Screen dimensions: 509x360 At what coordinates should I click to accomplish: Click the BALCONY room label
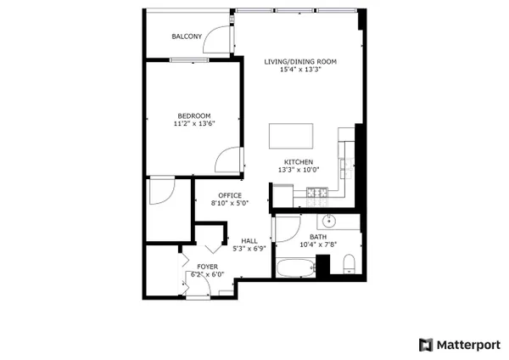coord(187,37)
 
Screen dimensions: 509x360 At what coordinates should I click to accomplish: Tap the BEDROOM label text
coord(194,115)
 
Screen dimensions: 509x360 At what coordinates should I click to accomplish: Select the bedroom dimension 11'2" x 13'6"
coord(194,123)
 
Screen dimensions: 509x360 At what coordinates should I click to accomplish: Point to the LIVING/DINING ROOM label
coord(300,61)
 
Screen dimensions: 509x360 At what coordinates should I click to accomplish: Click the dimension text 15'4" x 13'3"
coord(300,70)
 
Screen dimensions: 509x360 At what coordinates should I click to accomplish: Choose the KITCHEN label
coord(299,162)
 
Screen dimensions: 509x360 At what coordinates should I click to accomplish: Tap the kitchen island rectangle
coord(291,136)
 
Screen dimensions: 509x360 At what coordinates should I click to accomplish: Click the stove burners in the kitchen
coord(317,193)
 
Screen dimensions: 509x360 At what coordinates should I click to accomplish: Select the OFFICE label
coord(230,195)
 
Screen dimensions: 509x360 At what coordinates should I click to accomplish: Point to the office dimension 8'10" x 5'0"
coord(230,204)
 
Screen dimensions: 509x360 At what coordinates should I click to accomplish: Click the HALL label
coord(249,241)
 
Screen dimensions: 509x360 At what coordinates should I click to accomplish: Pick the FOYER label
coord(208,267)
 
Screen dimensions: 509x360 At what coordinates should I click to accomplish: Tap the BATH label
coord(318,237)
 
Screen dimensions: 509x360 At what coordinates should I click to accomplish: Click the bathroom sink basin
coord(329,222)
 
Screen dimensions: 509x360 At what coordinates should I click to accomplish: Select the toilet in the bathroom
coord(350,263)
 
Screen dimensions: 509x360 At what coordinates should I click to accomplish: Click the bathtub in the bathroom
coord(295,267)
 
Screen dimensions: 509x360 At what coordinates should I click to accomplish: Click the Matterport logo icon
coord(426,345)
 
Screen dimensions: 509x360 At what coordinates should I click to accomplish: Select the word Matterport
coord(469,345)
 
